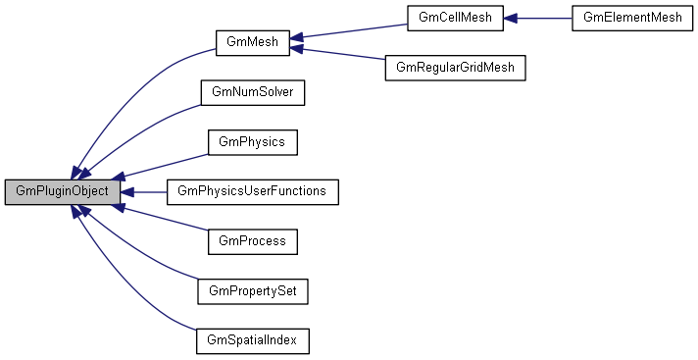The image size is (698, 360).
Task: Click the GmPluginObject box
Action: tap(63, 191)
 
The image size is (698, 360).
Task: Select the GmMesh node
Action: tap(251, 43)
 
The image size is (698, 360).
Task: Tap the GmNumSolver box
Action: tap(252, 92)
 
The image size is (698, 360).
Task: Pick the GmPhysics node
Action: tap(252, 142)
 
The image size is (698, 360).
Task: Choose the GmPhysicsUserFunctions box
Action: tap(252, 191)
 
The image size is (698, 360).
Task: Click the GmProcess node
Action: tap(252, 241)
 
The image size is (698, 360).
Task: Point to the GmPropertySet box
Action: tap(252, 291)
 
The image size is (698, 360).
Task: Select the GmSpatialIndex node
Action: tap(252, 340)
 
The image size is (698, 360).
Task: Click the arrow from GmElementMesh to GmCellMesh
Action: tap(538, 18)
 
